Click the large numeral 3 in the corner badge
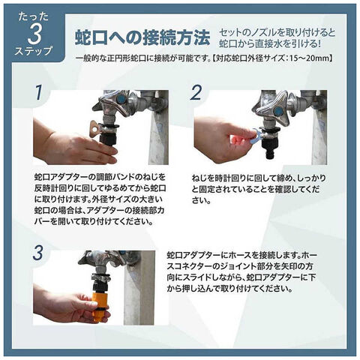tap(34, 34)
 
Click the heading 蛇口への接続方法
tap(142, 37)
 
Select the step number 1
tap(38, 92)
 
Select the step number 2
tap(196, 92)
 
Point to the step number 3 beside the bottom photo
tap(38, 253)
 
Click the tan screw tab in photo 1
tap(95, 128)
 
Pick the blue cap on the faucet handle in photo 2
tap(277, 110)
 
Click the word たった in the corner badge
tap(34, 17)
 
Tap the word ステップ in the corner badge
tap(34, 51)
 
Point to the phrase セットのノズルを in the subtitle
tap(250, 32)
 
